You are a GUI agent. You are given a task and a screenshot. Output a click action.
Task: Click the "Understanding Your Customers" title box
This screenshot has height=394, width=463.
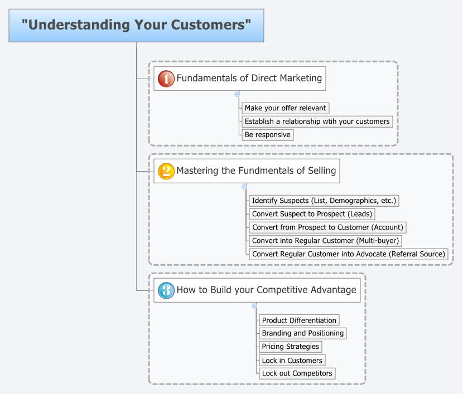click(x=136, y=25)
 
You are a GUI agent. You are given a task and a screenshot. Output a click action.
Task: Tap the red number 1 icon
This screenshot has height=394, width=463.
click(x=166, y=79)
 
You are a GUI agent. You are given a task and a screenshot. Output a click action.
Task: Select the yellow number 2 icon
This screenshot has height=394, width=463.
click(x=166, y=171)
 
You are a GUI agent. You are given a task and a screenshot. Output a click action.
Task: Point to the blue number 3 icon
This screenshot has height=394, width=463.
click(x=166, y=290)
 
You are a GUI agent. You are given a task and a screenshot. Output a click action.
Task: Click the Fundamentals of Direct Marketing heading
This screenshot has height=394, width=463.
click(x=249, y=79)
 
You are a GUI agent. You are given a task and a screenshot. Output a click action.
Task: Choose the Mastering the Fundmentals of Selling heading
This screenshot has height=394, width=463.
click(x=256, y=171)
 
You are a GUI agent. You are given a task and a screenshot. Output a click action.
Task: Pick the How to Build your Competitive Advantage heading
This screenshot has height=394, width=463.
click(x=266, y=290)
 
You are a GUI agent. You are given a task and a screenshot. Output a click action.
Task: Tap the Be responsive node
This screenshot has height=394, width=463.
click(x=267, y=135)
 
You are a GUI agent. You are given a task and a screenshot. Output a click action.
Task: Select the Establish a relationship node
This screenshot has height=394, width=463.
click(x=317, y=121)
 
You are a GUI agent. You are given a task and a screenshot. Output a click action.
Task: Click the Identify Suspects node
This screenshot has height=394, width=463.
click(x=325, y=201)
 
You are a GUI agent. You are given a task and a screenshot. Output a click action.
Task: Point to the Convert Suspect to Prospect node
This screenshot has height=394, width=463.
click(x=311, y=214)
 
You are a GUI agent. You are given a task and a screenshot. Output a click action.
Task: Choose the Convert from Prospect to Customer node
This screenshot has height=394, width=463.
click(x=327, y=227)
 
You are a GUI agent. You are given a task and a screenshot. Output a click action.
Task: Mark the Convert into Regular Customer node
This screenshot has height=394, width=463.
click(x=326, y=241)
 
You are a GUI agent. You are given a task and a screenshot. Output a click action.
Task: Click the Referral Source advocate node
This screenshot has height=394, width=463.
click(x=348, y=254)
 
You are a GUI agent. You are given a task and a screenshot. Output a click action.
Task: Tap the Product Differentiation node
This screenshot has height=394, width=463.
click(x=299, y=320)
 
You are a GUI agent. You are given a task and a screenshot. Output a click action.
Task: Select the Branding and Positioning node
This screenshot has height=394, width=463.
click(x=303, y=333)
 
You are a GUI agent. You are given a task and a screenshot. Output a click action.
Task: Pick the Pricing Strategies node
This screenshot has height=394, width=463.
click(x=290, y=347)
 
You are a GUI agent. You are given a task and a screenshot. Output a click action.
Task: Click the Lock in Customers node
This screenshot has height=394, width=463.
click(x=292, y=361)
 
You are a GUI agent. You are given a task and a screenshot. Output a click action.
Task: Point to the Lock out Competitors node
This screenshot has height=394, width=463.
click(x=297, y=373)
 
